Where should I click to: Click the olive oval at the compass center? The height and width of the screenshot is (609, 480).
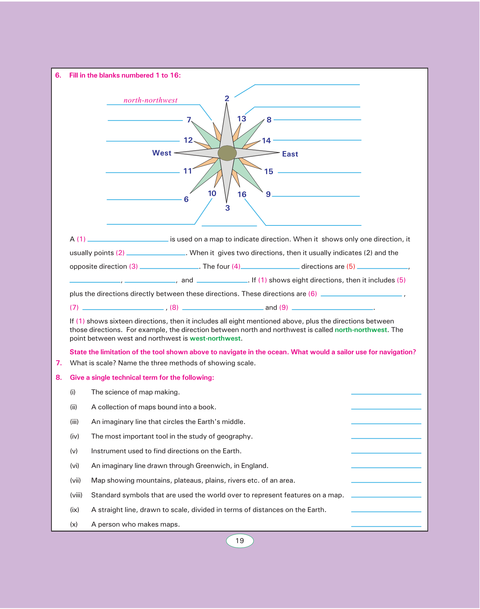[227, 153]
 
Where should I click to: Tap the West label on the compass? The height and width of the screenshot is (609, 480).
[162, 153]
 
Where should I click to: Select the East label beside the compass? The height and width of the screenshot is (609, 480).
[290, 154]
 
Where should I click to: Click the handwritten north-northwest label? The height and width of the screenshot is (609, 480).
[150, 101]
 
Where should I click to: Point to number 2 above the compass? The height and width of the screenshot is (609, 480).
[227, 98]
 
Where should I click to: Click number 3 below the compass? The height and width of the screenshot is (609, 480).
[227, 208]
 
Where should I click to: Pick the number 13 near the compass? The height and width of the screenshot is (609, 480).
[242, 119]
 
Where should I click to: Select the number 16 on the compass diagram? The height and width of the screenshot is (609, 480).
[242, 194]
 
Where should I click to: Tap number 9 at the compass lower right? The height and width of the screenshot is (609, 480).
[268, 194]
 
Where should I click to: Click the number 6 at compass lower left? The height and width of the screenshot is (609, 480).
[186, 199]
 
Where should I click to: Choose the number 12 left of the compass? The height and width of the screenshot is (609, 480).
[188, 140]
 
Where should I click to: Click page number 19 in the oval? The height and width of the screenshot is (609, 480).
[240, 541]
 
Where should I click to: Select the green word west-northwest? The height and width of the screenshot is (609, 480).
[215, 338]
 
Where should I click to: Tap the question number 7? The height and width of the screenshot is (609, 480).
[59, 363]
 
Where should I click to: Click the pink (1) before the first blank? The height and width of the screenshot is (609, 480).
[81, 239]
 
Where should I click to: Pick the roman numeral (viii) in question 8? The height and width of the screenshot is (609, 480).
[76, 495]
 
